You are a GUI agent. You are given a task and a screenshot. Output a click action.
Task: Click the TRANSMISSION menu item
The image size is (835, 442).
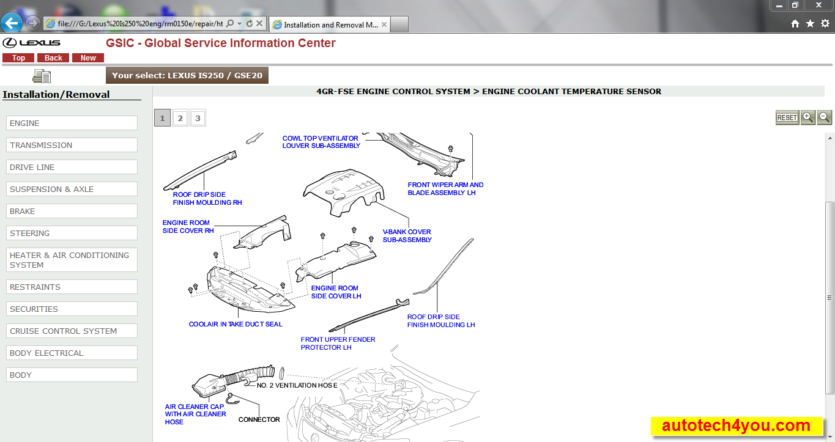click(x=72, y=145)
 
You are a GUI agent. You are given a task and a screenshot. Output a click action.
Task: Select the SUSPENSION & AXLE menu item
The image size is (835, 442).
click(x=72, y=189)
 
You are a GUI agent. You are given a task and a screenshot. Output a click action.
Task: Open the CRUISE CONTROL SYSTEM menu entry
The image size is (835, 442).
click(x=72, y=331)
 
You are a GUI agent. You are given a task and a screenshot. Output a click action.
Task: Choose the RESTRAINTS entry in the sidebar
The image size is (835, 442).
click(x=72, y=287)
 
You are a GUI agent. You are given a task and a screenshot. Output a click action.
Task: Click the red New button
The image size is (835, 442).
click(x=88, y=58)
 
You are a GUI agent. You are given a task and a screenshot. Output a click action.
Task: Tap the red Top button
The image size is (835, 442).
click(x=18, y=58)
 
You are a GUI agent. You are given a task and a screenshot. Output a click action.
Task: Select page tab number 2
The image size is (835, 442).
click(x=180, y=118)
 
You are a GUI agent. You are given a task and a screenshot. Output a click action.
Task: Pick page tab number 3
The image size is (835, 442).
click(x=198, y=118)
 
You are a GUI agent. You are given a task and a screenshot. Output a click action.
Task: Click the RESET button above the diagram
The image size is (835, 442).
click(x=787, y=117)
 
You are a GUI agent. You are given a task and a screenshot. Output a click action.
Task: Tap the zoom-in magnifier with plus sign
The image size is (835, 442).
click(x=807, y=117)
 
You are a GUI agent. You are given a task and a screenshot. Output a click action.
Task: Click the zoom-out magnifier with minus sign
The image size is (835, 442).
click(x=825, y=117)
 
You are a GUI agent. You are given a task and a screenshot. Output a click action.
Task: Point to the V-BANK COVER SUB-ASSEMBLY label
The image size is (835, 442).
click(x=407, y=236)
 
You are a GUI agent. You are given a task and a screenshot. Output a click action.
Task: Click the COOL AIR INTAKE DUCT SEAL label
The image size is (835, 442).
click(x=236, y=324)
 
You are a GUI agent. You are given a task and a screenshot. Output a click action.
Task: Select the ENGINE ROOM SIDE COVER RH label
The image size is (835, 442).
click(x=188, y=227)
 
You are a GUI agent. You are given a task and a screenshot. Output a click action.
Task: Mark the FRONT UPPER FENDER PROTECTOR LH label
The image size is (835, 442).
click(x=338, y=344)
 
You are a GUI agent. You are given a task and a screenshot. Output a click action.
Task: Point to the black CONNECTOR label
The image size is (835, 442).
click(x=259, y=419)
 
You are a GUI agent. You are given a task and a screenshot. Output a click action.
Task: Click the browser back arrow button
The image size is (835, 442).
click(x=12, y=23)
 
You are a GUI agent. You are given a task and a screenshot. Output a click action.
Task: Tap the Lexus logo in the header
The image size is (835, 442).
click(x=31, y=43)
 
